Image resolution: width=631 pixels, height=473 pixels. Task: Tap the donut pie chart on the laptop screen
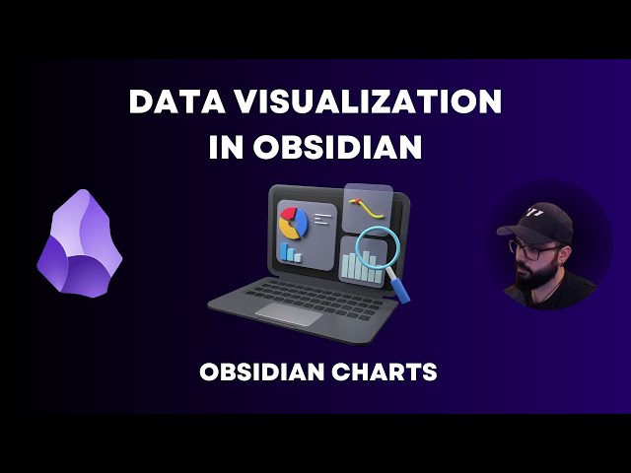[x=293, y=223]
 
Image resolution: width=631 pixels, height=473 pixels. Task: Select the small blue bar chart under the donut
[x=291, y=252]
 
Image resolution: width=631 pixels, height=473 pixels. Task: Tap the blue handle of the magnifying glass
[x=401, y=287]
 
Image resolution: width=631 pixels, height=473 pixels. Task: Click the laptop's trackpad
[x=289, y=314]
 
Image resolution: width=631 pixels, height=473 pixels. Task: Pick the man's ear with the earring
[x=566, y=252]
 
